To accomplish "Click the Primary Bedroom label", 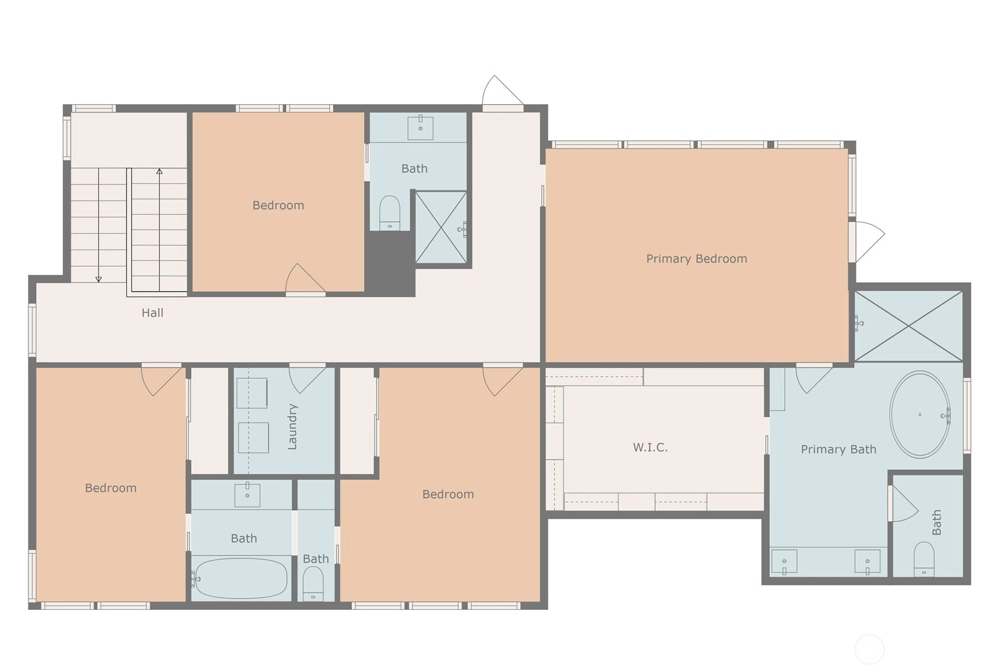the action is tap(697, 259).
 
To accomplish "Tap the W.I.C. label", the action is tap(650, 447).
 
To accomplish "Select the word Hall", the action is tap(153, 313).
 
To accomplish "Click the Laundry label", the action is tap(292, 427).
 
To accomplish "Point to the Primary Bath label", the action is tap(839, 450).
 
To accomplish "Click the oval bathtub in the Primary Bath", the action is tap(920, 414).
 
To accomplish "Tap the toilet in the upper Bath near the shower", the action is tap(390, 213).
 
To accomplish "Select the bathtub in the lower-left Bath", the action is tap(241, 579).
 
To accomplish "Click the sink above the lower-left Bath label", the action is tap(247, 495).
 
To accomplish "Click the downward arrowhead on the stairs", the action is tap(99, 279).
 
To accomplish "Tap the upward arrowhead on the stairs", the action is tap(159, 171).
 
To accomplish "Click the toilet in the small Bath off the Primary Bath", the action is tap(924, 559).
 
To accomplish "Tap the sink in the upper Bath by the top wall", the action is tap(420, 127).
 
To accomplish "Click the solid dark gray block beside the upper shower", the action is tap(390, 264).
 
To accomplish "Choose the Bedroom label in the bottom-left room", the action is tap(111, 488).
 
